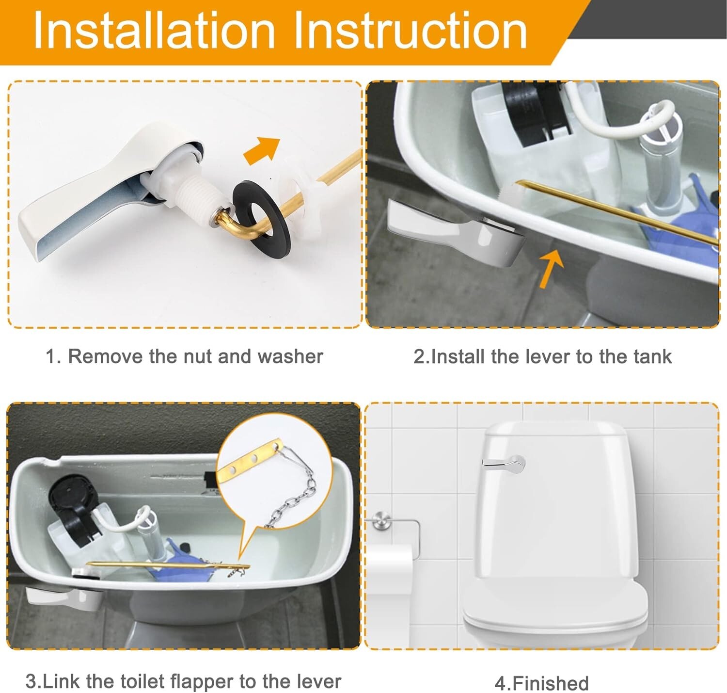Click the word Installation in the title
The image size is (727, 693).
pos(154,31)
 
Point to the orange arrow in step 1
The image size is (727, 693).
pos(262,150)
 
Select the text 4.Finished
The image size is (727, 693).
pos(541,683)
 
